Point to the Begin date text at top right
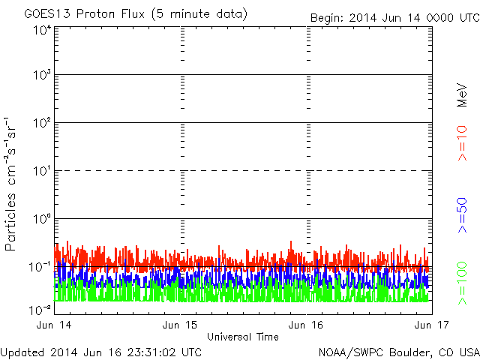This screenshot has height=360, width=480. click(395, 18)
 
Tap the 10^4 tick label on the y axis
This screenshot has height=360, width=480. click(43, 30)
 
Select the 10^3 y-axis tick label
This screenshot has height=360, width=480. click(43, 75)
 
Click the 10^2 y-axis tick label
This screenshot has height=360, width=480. click(43, 123)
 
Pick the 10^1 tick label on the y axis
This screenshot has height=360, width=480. click(43, 171)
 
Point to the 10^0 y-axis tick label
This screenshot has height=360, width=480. click(43, 219)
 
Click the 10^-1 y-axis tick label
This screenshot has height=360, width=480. click(40, 267)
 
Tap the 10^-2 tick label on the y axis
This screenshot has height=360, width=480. click(40, 310)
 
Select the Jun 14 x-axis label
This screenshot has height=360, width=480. click(54, 325)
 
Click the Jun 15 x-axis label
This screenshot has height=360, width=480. click(180, 325)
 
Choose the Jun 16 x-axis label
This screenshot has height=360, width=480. click(306, 325)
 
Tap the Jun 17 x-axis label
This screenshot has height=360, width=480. click(432, 325)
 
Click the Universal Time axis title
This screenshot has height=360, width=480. click(243, 337)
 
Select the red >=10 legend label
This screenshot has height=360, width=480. click(462, 143)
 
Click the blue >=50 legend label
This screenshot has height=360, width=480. click(462, 215)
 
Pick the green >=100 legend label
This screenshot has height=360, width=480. click(462, 283)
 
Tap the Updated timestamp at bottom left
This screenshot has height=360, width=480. click(101, 352)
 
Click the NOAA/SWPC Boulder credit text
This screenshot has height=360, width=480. click(399, 352)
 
